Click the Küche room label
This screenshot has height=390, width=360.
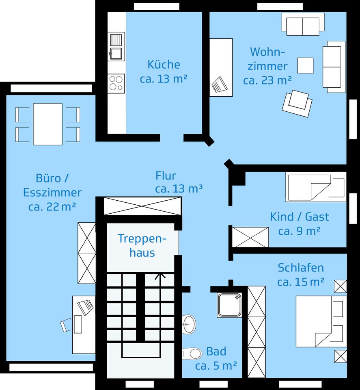[x=164, y=65]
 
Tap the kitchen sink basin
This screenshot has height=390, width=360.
[x=116, y=53]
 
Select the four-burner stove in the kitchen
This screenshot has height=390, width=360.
[x=116, y=83]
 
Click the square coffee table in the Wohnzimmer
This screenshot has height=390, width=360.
[x=305, y=65]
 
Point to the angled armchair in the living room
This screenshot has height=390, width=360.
[x=297, y=103]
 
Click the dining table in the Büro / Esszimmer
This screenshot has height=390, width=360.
[x=48, y=124]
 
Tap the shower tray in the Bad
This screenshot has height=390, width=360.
[x=230, y=305]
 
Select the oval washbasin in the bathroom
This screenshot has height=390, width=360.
[x=189, y=324]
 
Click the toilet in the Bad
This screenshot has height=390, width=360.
[x=192, y=354]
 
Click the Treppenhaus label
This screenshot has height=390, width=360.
[x=142, y=245]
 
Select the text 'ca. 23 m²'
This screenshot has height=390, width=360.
[x=267, y=80]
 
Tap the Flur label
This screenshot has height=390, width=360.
[x=166, y=175]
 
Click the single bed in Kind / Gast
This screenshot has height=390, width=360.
[x=316, y=187]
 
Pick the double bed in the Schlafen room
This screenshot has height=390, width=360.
[x=321, y=321]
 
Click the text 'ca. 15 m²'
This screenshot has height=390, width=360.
[x=301, y=282]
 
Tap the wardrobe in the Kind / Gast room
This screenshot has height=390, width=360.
[x=250, y=237]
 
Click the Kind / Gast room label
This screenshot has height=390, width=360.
[x=300, y=217]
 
